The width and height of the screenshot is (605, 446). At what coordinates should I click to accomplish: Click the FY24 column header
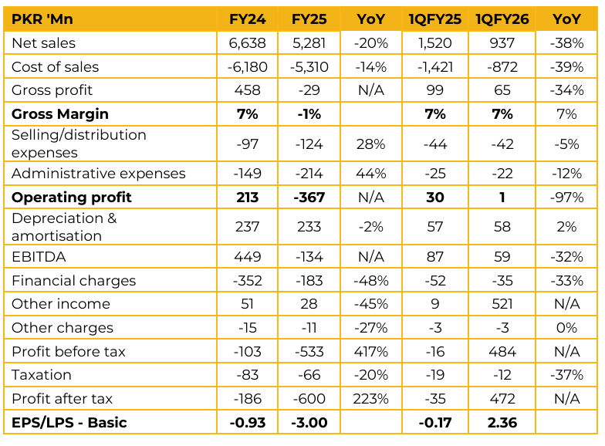click(x=248, y=19)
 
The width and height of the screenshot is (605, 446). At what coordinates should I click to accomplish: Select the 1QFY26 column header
click(x=502, y=19)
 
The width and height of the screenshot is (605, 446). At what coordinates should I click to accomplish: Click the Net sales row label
click(x=44, y=43)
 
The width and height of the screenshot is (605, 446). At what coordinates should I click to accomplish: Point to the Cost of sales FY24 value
click(x=248, y=67)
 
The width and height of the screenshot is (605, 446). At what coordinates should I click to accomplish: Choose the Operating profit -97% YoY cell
click(x=566, y=198)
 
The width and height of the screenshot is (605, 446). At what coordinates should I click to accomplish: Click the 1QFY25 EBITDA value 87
click(x=435, y=257)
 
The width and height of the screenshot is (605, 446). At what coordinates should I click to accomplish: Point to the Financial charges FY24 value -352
click(x=248, y=281)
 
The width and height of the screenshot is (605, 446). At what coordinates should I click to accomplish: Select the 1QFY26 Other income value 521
click(x=502, y=304)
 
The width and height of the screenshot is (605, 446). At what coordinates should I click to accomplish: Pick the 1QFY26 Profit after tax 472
click(x=502, y=399)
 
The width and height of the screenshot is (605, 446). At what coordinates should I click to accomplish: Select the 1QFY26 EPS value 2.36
click(x=502, y=423)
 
